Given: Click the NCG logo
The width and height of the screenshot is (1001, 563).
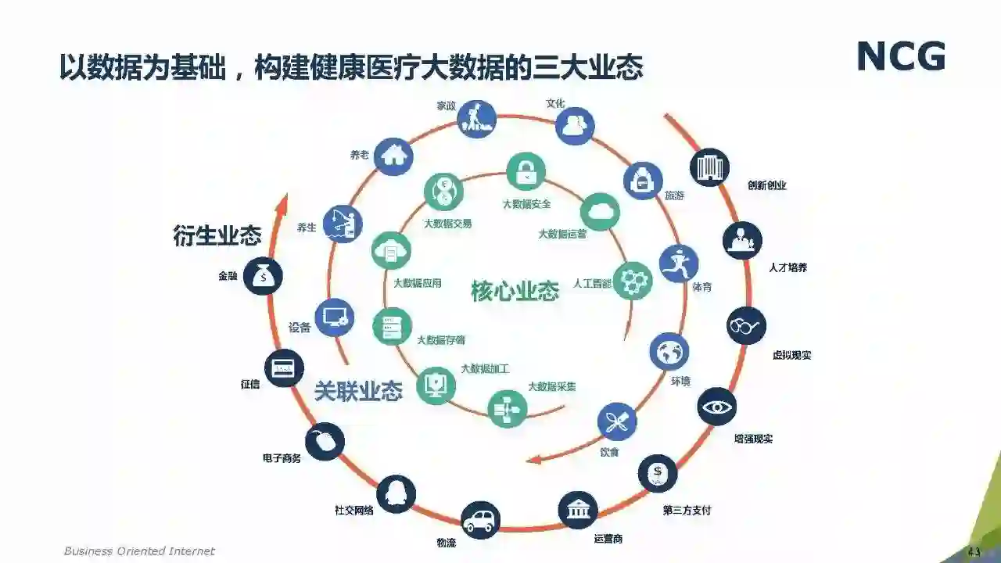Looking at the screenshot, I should (x=901, y=56).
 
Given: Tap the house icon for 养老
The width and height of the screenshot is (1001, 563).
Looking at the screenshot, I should (x=393, y=155).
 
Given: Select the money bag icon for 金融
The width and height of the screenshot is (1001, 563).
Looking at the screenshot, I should (x=263, y=275).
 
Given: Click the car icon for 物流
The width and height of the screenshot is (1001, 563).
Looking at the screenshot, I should (x=480, y=520).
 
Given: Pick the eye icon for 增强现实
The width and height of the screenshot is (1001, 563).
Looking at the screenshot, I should (x=716, y=407).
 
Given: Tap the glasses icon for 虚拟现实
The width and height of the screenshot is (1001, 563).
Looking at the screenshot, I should (x=746, y=325).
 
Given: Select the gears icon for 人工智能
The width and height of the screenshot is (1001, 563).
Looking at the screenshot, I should (x=632, y=280).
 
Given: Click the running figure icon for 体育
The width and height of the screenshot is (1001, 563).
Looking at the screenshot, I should (x=678, y=264).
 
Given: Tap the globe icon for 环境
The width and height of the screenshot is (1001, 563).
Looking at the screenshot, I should (x=669, y=351).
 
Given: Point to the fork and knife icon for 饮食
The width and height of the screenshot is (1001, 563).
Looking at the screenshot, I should (x=617, y=422).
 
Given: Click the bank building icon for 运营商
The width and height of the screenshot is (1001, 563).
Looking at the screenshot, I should (x=579, y=511).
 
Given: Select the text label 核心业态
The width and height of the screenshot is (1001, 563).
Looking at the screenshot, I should (x=515, y=291).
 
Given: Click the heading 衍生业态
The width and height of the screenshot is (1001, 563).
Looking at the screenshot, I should (x=217, y=235).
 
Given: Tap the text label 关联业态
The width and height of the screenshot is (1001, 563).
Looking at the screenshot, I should (x=358, y=391).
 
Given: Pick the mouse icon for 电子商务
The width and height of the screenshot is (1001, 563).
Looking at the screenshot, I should (x=325, y=442).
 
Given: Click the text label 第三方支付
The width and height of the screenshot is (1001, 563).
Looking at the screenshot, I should (x=687, y=511).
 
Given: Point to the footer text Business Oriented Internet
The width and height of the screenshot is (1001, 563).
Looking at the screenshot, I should (x=139, y=551).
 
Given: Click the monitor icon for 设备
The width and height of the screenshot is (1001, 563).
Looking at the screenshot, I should (x=334, y=317).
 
